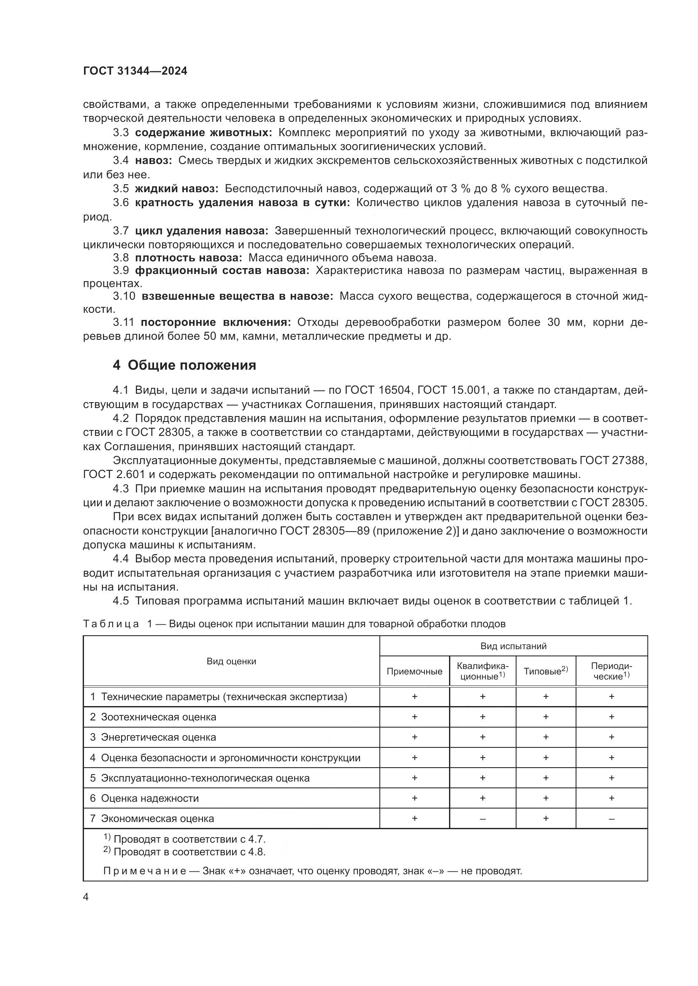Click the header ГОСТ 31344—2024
click(135, 71)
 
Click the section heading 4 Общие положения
click(184, 365)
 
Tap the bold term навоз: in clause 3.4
click(154, 161)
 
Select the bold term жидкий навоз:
click(177, 188)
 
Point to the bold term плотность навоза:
click(188, 258)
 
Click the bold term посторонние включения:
click(216, 322)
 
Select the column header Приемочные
click(414, 671)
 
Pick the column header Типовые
click(545, 671)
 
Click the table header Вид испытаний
click(513, 646)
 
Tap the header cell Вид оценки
click(231, 661)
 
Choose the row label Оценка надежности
click(149, 798)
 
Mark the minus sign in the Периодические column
click(611, 819)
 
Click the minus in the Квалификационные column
click(482, 819)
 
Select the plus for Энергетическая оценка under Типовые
click(545, 737)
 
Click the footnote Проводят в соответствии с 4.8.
click(189, 852)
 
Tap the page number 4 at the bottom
click(86, 897)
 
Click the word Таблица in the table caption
click(111, 624)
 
